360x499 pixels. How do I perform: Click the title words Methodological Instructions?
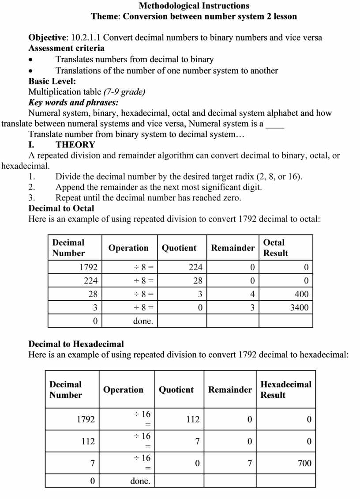pos(194,6)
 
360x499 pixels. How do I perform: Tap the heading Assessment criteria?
pos(67,48)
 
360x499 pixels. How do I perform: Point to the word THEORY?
pos(75,145)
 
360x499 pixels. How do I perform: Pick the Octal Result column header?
pos(275,248)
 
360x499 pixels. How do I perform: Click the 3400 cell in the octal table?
pos(299,307)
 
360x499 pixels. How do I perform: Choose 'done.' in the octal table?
pos(143,321)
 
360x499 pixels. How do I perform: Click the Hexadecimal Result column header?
pos(285,389)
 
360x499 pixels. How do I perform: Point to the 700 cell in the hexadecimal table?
pos(304,463)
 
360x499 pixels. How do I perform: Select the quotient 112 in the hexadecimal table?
pos(192,419)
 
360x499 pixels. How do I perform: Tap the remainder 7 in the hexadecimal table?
pos(249,463)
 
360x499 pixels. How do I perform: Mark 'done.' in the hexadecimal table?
pos(140,481)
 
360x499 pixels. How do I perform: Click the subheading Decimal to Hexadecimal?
pos(76,344)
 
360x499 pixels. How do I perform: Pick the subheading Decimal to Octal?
pos(61,208)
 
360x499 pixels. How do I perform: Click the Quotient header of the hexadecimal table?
pos(176,389)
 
